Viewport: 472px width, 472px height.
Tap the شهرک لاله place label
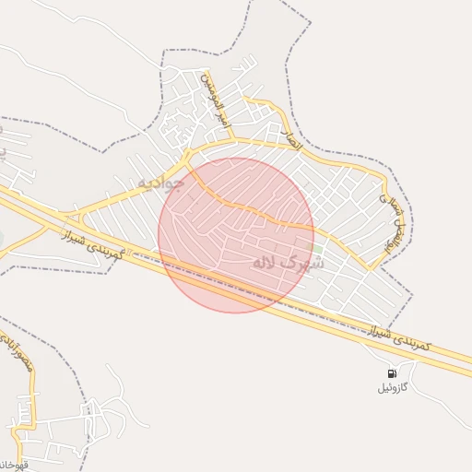(289, 263)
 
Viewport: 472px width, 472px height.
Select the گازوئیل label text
(396, 387)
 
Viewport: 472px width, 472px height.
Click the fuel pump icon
(392, 373)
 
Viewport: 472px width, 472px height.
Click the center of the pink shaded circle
(236, 235)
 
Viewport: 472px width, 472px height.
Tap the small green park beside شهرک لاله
(317, 248)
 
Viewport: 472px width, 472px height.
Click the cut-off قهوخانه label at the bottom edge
(13, 464)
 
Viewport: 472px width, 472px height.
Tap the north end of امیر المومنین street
(206, 71)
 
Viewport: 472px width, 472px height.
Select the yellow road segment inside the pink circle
(249, 209)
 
